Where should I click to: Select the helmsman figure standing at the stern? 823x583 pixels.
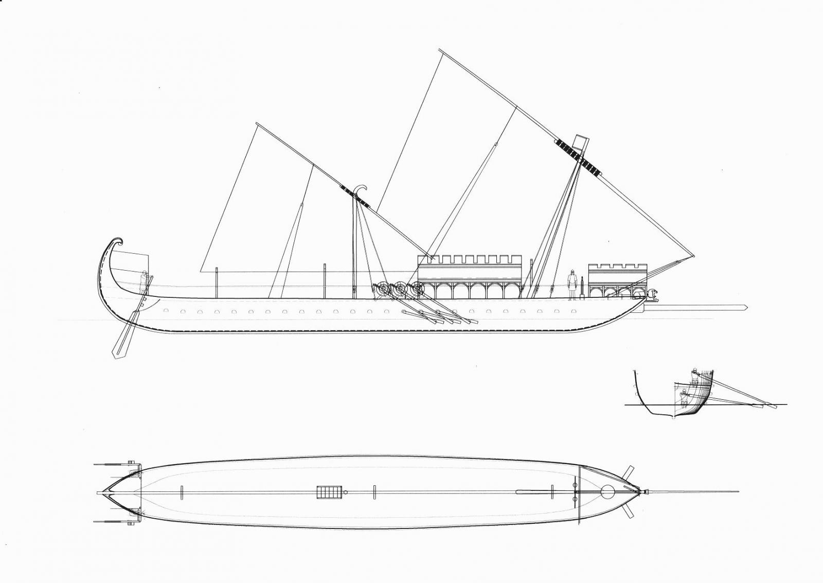[x=144, y=282]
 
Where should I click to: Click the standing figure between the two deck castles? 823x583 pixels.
[x=571, y=284]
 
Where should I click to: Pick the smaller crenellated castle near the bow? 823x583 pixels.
[x=617, y=280]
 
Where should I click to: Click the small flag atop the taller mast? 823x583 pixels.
[x=580, y=143]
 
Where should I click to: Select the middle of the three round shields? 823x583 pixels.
[x=398, y=290]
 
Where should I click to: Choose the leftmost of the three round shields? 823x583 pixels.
[x=381, y=290]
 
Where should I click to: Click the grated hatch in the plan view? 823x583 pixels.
[x=329, y=492]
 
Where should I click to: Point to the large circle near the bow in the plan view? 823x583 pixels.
[x=607, y=492]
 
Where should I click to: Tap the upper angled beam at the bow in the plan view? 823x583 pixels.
[x=628, y=472]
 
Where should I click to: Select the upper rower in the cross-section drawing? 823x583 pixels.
[x=694, y=377]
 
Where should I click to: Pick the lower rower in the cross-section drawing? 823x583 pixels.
[x=684, y=398]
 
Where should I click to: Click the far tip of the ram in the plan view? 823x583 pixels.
[x=738, y=492]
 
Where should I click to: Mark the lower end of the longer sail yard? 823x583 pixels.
[x=693, y=256]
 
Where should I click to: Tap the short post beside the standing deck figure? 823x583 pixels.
[x=582, y=287]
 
